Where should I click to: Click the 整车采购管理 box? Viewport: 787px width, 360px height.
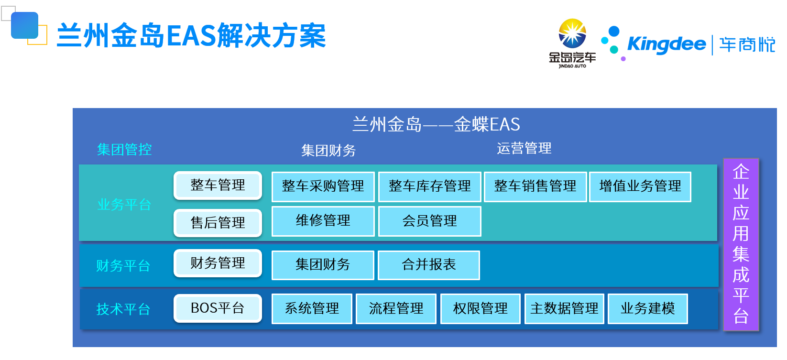[x=323, y=187]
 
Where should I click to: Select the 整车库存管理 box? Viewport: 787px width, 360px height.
[x=429, y=187]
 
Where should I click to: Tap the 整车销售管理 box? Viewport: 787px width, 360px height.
[x=535, y=187]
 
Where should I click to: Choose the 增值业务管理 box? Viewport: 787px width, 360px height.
[x=640, y=187]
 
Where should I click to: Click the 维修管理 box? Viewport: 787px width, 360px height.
[x=323, y=221]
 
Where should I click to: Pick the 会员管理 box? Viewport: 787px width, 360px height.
[x=429, y=221]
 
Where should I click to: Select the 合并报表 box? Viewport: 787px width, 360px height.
[x=428, y=265]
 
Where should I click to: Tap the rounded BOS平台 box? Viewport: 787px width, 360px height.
[x=218, y=308]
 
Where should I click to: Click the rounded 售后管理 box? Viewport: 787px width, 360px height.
[x=218, y=223]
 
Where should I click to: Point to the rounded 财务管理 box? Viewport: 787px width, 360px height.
[x=218, y=263]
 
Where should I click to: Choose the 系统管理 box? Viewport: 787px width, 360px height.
[x=312, y=309]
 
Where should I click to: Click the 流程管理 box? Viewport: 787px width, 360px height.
[x=396, y=309]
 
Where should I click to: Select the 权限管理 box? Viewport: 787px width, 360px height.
[x=481, y=309]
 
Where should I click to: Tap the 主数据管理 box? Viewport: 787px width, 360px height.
[x=564, y=309]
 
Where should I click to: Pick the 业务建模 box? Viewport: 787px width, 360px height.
[x=647, y=309]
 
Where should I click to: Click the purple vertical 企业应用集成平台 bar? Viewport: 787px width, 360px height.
[x=741, y=244]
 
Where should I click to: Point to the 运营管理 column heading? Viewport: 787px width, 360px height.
[x=524, y=148]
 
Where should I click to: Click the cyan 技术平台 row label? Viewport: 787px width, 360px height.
[x=123, y=309]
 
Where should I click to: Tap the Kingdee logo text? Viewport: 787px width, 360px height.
[x=667, y=44]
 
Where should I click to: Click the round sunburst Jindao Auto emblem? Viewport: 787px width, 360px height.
[x=572, y=33]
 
